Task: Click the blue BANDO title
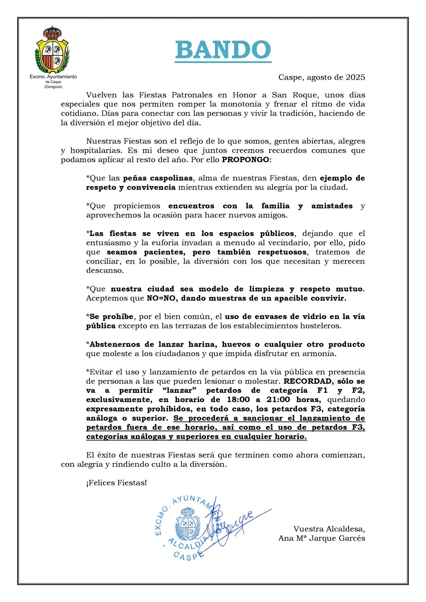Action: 223,50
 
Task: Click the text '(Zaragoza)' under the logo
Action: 53,87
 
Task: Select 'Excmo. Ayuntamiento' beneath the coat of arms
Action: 53,77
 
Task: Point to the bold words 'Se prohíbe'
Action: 111,317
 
